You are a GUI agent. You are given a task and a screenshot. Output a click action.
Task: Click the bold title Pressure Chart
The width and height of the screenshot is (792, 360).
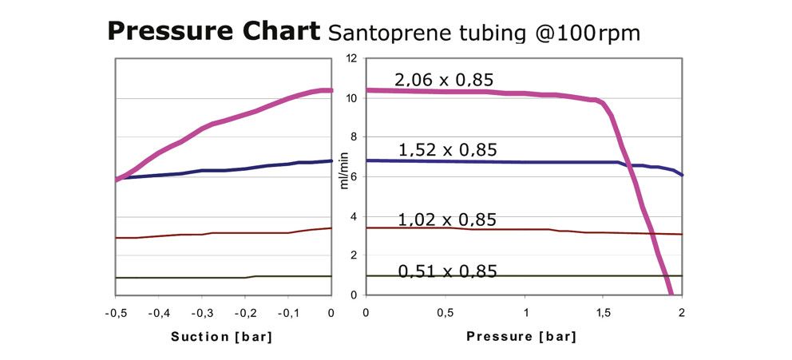(x=213, y=32)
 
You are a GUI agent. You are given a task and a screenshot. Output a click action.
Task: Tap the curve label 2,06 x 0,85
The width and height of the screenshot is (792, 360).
(x=444, y=80)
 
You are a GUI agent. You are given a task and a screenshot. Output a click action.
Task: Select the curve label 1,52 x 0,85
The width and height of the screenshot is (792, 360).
(x=447, y=149)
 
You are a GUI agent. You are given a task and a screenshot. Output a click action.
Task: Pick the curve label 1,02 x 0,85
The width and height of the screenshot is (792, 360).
(x=447, y=220)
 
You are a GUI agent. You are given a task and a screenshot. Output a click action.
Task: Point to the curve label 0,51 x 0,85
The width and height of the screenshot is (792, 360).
(x=447, y=271)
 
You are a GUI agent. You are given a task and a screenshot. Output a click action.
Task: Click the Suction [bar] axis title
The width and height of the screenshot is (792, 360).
(x=222, y=336)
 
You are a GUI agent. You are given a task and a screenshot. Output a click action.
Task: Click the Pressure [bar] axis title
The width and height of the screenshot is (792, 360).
(x=521, y=336)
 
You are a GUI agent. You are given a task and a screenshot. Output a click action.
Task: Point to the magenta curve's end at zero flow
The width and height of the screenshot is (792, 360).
(x=671, y=294)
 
